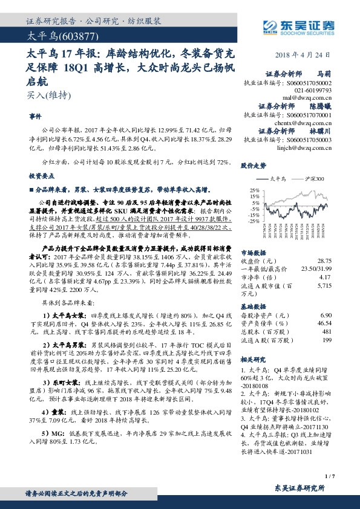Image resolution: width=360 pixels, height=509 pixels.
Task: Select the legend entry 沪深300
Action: click(315, 179)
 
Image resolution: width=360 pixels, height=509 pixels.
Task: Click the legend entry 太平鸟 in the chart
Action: click(275, 179)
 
